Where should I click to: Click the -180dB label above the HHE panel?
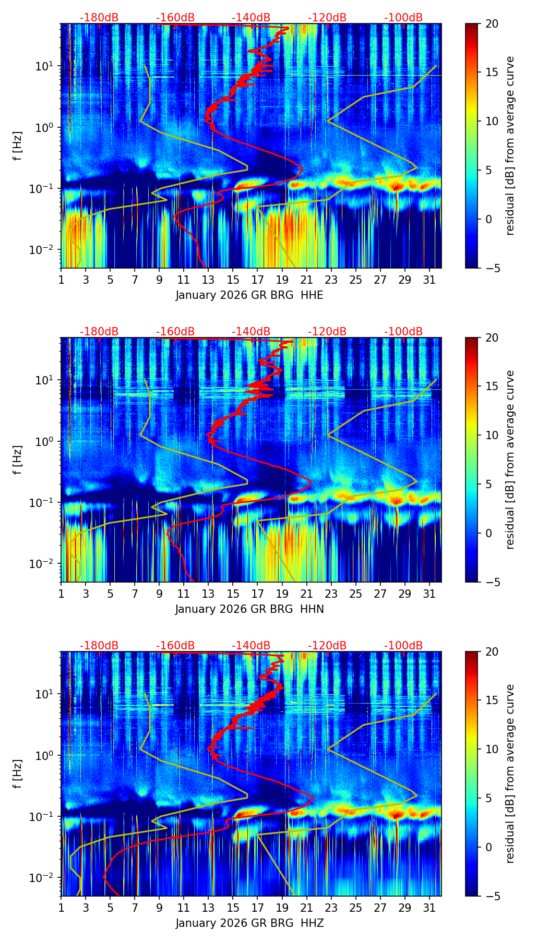(99, 18)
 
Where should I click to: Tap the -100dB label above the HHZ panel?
(403, 646)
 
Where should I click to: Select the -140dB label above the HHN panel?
(251, 332)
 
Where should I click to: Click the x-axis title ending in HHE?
(249, 295)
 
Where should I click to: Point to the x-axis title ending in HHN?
(249, 609)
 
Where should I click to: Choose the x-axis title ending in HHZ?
(249, 923)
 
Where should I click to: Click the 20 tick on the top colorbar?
(491, 24)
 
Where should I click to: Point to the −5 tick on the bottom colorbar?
(491, 896)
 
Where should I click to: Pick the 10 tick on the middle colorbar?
(491, 436)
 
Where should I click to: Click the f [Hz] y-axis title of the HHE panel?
(18, 146)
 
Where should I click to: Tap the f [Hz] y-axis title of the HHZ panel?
(18, 774)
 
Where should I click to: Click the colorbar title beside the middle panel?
(510, 460)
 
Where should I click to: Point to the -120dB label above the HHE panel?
(327, 18)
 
